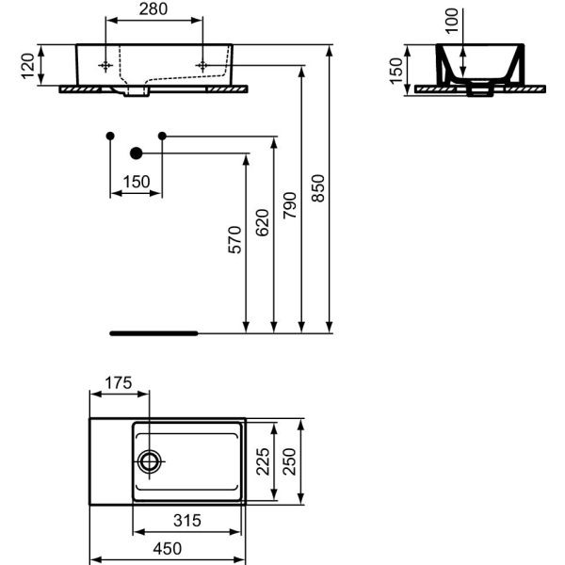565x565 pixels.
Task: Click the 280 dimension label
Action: (153, 9)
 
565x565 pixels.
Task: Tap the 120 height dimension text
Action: (27, 66)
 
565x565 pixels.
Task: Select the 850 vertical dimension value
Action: (318, 188)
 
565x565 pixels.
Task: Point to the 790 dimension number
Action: (290, 205)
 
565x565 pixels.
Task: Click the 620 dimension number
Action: (263, 222)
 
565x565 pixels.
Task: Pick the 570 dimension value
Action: (234, 240)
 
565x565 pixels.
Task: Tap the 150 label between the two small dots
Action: (137, 182)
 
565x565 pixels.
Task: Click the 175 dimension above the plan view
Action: (119, 383)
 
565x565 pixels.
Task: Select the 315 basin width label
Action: (187, 521)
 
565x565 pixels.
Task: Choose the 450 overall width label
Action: (168, 549)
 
